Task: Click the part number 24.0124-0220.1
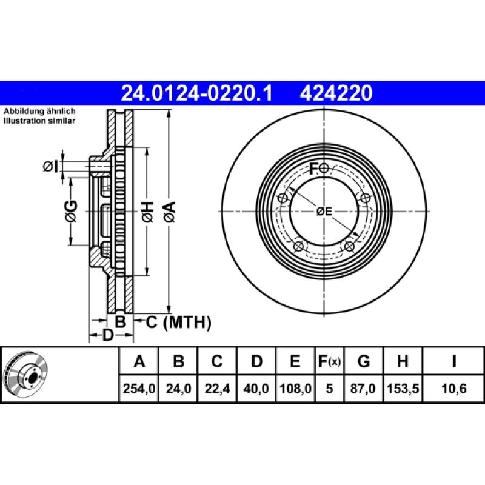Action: pyautogui.click(x=198, y=93)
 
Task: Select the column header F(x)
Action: pyautogui.click(x=330, y=362)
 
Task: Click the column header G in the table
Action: pyautogui.click(x=363, y=362)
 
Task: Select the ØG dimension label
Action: pyautogui.click(x=71, y=211)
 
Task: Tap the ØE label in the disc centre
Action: pyautogui.click(x=324, y=212)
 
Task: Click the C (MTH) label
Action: pyautogui.click(x=179, y=323)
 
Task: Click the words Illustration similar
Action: pyautogui.click(x=39, y=121)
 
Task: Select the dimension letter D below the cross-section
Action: pyautogui.click(x=108, y=335)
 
